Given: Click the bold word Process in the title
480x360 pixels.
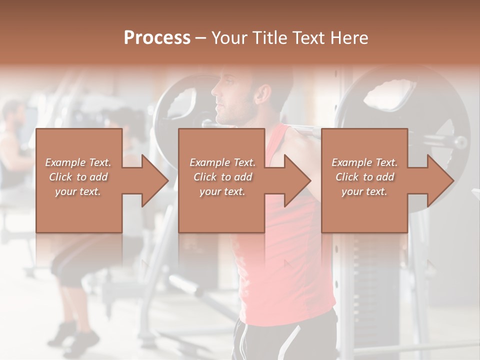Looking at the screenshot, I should [x=157, y=37].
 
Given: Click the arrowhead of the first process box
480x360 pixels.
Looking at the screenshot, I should [x=155, y=180].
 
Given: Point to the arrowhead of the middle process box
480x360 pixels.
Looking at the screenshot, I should [x=298, y=180].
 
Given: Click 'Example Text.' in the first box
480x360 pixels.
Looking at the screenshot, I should [x=78, y=162].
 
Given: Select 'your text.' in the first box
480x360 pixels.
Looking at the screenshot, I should [x=78, y=191].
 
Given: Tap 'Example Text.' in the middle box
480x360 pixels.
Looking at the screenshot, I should [x=222, y=162].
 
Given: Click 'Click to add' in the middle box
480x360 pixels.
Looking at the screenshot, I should [x=222, y=177].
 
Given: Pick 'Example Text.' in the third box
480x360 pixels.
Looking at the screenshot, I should [x=364, y=162].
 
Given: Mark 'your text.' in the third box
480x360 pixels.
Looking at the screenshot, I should [x=364, y=191].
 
